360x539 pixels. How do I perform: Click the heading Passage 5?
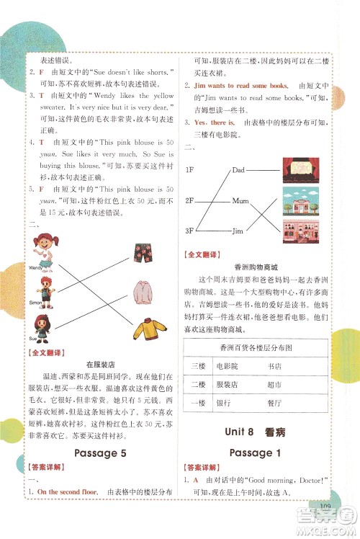pos(104,453)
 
